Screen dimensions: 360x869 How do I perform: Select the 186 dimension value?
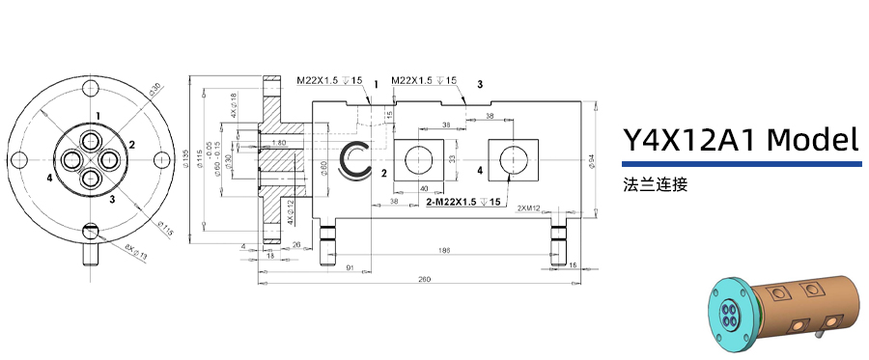coord(443,250)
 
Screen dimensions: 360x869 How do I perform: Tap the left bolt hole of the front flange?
coord(20,158)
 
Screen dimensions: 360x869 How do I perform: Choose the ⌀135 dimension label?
coord(189,158)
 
